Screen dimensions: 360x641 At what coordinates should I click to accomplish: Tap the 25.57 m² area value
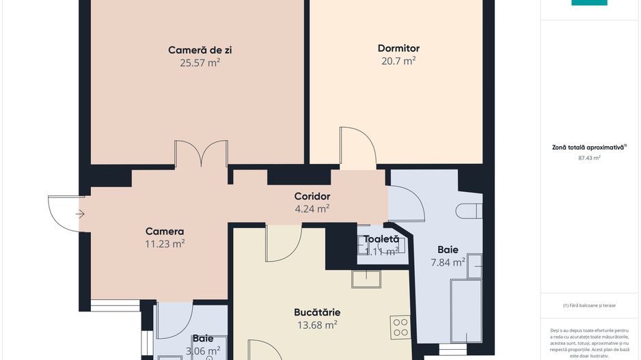(x=200, y=62)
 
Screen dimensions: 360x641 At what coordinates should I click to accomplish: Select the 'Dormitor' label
(x=398, y=49)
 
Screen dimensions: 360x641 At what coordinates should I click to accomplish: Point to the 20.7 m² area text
(x=398, y=61)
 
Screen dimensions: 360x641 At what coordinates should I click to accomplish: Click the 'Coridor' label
(x=312, y=197)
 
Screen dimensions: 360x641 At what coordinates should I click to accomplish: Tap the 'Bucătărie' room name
(x=317, y=312)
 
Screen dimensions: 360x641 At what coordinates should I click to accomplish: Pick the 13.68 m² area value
(x=316, y=325)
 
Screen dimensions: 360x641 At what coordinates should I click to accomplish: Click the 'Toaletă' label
(x=381, y=239)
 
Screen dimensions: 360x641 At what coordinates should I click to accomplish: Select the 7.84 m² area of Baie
(x=448, y=262)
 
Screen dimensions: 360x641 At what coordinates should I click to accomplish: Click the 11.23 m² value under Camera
(x=165, y=243)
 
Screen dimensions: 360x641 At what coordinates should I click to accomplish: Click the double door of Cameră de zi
(x=201, y=154)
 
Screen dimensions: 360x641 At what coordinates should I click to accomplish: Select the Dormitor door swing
(x=357, y=148)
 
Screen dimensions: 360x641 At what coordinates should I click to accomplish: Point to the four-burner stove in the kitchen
(x=400, y=327)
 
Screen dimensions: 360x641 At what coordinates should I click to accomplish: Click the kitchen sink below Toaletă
(x=366, y=279)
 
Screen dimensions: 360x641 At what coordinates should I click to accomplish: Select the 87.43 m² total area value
(x=589, y=157)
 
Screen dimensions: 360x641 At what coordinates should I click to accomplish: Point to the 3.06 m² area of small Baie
(x=202, y=350)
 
